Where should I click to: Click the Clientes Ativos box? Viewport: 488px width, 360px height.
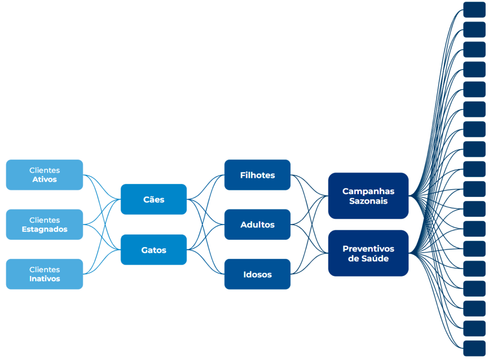44,175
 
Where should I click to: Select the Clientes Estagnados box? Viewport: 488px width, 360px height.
44,224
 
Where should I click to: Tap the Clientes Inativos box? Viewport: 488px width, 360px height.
44,274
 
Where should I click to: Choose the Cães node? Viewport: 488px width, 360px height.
153,199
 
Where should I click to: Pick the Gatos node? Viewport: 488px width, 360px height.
153,249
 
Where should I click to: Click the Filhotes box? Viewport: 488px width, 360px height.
257,175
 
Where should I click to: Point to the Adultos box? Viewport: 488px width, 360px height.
257,224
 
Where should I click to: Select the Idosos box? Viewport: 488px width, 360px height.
257,274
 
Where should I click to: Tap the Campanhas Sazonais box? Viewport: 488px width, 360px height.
368,195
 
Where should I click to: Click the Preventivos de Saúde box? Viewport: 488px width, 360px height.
368,253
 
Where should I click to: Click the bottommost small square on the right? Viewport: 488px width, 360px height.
474,348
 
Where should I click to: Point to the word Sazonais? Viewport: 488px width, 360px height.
368,201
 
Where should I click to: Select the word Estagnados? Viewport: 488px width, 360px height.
44,229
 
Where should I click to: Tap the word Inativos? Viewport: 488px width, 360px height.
44,279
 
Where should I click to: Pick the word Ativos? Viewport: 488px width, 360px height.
44,180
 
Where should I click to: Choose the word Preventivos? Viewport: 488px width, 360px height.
368,249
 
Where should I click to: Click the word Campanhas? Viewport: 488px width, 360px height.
368,191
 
